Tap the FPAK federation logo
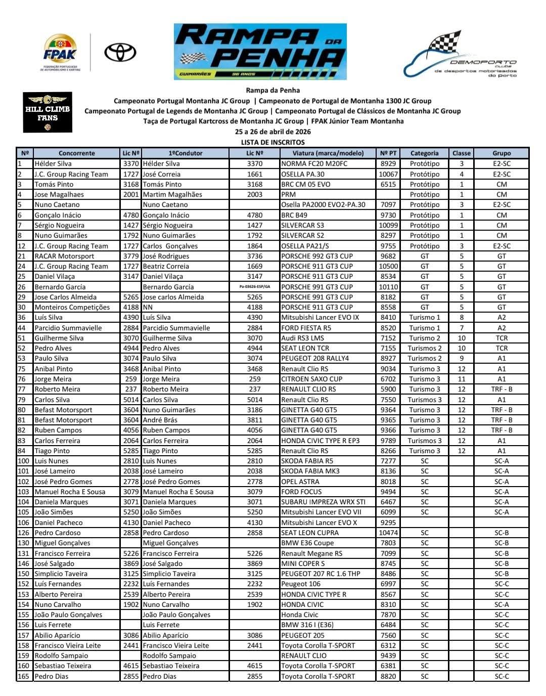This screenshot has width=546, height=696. click(60, 53)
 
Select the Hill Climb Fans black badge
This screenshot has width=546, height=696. click(48, 112)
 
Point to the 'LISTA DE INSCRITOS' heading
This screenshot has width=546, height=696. click(272, 142)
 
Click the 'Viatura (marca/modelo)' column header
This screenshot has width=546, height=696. click(328, 153)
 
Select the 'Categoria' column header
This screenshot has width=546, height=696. click(424, 153)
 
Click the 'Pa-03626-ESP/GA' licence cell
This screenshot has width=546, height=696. click(255, 287)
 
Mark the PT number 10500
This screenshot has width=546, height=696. click(388, 266)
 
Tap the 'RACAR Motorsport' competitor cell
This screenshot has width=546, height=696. click(64, 256)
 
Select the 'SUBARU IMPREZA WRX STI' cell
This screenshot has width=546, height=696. click(323, 502)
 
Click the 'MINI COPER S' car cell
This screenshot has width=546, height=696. click(303, 563)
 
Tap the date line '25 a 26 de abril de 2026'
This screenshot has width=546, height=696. click(272, 132)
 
